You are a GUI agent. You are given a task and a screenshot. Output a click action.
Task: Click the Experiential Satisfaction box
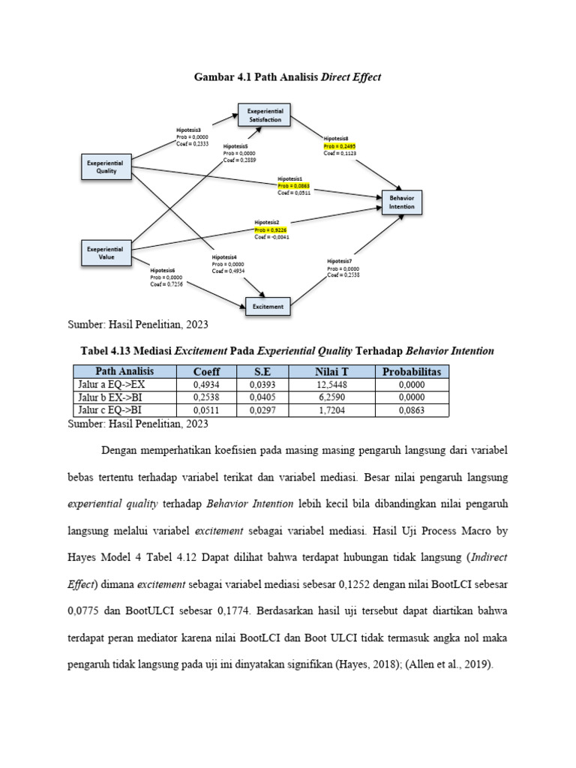coord(264,114)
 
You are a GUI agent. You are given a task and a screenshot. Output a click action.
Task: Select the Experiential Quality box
coord(106,166)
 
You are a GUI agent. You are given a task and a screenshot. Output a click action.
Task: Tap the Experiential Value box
coord(106,252)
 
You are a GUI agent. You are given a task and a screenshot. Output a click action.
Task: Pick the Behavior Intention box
coord(402,201)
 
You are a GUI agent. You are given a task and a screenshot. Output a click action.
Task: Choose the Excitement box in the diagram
coord(268,306)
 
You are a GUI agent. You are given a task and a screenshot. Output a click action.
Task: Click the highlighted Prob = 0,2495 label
coord(340,145)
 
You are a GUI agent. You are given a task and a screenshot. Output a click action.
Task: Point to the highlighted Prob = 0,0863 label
coord(293,185)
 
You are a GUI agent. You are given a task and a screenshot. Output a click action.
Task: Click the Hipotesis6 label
coord(163,270)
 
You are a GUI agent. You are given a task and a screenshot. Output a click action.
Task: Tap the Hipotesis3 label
coord(189,130)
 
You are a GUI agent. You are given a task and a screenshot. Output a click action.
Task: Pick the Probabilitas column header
coord(412,371)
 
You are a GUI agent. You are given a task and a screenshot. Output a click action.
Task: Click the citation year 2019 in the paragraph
coord(474,664)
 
